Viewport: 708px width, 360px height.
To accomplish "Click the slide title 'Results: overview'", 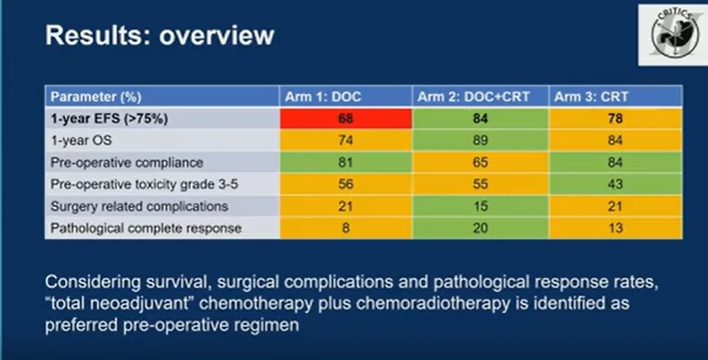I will pos(159,37).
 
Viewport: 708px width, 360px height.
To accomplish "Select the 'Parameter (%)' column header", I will pos(96,96).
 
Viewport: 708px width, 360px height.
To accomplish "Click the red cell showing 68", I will pos(344,118).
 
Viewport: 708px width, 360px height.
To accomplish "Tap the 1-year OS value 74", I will pos(344,139).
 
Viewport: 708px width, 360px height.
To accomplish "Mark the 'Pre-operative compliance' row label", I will pos(115,162).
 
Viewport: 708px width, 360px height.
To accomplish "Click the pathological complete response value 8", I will pos(344,228).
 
